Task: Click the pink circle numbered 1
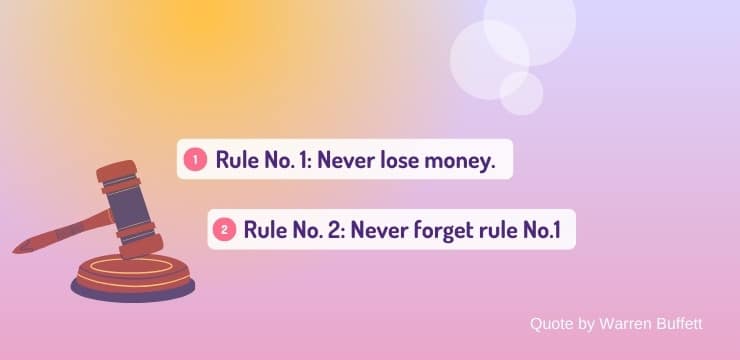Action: [194, 159]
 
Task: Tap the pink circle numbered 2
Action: [223, 230]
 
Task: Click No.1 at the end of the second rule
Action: [541, 230]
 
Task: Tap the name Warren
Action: [625, 324]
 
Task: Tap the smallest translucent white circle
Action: [521, 93]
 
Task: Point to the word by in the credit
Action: [586, 324]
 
